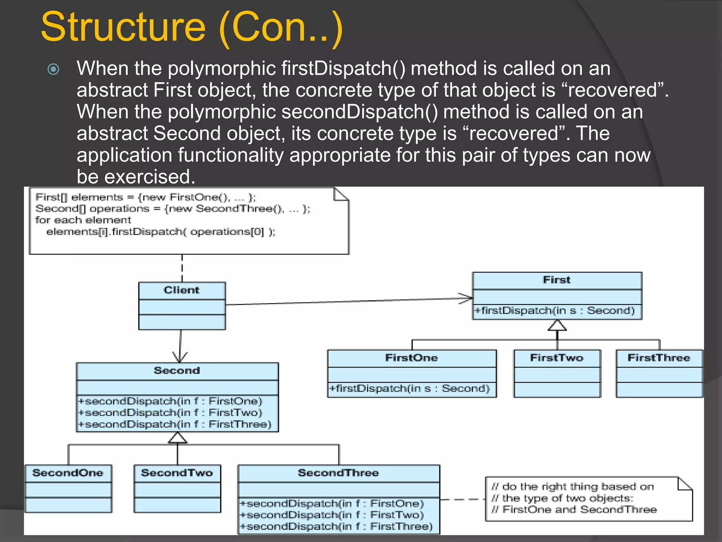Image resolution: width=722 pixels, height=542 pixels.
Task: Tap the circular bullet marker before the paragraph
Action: [53, 69]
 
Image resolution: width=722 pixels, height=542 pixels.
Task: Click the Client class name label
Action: [182, 290]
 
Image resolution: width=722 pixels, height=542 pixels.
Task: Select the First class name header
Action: [557, 280]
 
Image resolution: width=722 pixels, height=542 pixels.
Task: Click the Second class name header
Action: [177, 371]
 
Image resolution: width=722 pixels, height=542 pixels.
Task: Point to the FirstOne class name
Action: [411, 358]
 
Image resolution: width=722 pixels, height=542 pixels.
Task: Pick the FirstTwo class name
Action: [557, 358]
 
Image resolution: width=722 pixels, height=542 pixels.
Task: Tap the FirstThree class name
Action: [659, 358]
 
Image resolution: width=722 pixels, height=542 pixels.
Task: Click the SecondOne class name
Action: [68, 473]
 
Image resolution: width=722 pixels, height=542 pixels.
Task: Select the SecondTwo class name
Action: [177, 473]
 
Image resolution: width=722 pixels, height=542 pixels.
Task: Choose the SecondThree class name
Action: [338, 473]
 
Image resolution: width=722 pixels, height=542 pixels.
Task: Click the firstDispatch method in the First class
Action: [555, 311]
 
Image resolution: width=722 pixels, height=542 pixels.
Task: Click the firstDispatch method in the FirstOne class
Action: [409, 389]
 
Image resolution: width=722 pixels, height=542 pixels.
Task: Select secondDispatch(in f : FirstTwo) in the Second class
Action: [170, 412]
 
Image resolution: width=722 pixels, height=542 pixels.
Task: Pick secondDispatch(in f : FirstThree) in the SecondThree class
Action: [336, 526]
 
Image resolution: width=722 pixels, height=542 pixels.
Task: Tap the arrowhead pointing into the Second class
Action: [180, 357]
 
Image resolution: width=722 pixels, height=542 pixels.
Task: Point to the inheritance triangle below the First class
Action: [557, 326]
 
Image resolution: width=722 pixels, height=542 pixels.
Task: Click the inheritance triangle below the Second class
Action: [177, 438]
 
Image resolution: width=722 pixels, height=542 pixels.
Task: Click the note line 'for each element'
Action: [83, 220]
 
